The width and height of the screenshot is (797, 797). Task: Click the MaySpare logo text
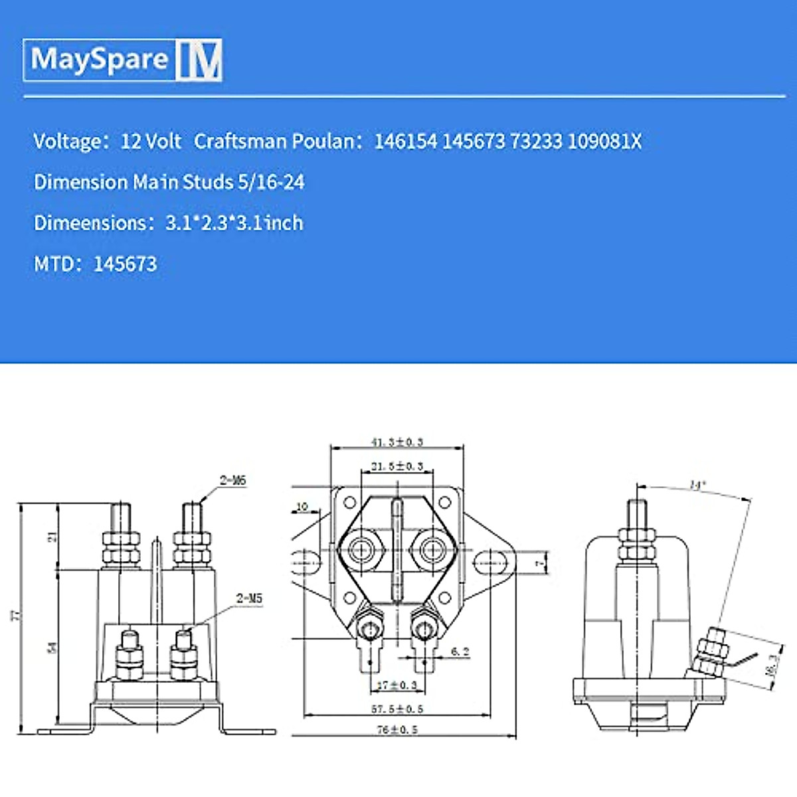(100, 60)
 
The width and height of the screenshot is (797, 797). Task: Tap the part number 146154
(406, 141)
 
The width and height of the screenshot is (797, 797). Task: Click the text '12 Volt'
(151, 141)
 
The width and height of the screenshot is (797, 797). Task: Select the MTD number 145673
(125, 264)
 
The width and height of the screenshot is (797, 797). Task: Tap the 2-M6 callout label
(233, 480)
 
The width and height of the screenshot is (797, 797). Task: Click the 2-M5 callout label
(249, 598)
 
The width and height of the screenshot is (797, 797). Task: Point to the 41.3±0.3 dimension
(397, 442)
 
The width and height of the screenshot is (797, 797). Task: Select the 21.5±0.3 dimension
(397, 467)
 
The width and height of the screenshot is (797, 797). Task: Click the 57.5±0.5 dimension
(397, 709)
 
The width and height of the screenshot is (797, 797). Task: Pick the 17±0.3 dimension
(397, 685)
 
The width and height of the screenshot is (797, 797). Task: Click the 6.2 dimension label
(460, 652)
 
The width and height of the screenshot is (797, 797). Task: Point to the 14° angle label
(696, 486)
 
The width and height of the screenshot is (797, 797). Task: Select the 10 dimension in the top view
(302, 507)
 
